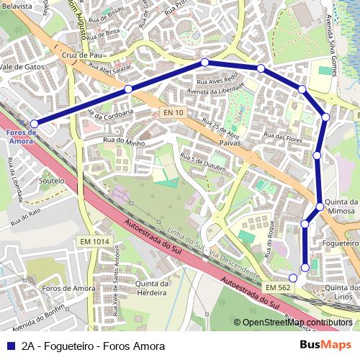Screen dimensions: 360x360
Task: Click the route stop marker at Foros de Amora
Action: (34, 124)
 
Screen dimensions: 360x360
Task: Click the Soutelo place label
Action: (51, 181)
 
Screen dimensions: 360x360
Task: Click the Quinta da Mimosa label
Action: (341, 207)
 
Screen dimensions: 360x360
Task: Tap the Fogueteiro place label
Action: (341, 243)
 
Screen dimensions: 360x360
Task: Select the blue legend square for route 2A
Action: (9, 346)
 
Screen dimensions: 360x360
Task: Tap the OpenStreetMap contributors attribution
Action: (295, 323)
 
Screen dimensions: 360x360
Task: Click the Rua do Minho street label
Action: (124, 142)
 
